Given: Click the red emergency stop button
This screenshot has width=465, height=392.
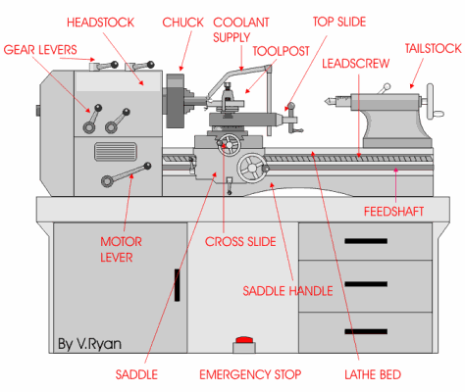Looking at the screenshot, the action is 244,340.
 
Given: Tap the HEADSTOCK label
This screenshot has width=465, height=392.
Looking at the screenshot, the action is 100,23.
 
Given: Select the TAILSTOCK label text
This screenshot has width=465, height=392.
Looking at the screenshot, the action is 433,49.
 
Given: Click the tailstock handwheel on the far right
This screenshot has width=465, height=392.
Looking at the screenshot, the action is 431,101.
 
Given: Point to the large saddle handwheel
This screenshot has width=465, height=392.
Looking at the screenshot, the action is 252,168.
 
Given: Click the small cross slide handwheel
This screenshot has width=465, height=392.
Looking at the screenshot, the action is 230,145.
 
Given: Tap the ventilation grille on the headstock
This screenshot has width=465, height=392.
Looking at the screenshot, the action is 116,152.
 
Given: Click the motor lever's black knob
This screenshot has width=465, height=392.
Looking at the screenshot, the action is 147,166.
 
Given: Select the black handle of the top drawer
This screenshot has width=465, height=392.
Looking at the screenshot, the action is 366,241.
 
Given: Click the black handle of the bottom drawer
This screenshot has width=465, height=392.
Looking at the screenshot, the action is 366,331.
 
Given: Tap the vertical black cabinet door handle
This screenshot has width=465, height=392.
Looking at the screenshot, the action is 177,285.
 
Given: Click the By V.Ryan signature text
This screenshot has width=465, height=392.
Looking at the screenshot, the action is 89,344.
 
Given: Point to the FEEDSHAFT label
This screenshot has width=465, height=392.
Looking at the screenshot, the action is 393,212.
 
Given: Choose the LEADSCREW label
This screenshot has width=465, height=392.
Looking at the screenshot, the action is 356,64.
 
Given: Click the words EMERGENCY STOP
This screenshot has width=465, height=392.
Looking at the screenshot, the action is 250,374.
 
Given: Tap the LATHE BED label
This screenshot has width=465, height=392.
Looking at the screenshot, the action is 373,374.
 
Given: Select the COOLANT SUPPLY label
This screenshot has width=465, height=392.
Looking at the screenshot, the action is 241,29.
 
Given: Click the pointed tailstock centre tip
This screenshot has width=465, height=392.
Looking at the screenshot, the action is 326,101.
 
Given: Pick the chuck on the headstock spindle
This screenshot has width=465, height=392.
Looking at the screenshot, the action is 177,101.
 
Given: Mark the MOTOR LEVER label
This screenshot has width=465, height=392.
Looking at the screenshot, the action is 121,250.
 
